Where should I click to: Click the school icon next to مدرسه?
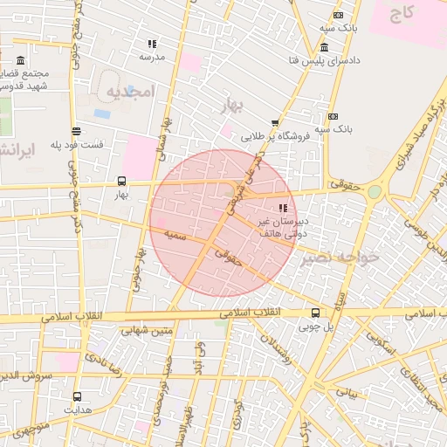[152, 43]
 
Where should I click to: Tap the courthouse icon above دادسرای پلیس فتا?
[325, 47]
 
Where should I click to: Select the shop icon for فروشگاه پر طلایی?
[275, 123]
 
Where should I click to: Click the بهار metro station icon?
[120, 182]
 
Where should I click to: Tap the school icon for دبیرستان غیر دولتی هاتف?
[283, 208]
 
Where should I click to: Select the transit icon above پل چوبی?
[315, 313]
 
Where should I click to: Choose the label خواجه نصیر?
[341, 257]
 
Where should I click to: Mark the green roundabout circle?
[375, 191]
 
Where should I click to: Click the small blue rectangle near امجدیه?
[102, 113]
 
